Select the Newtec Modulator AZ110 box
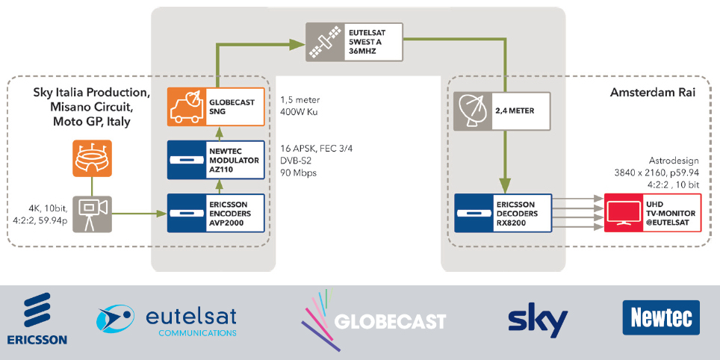(217, 159)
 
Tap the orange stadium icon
(92, 158)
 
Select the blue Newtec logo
(660, 319)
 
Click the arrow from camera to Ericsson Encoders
(139, 214)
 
